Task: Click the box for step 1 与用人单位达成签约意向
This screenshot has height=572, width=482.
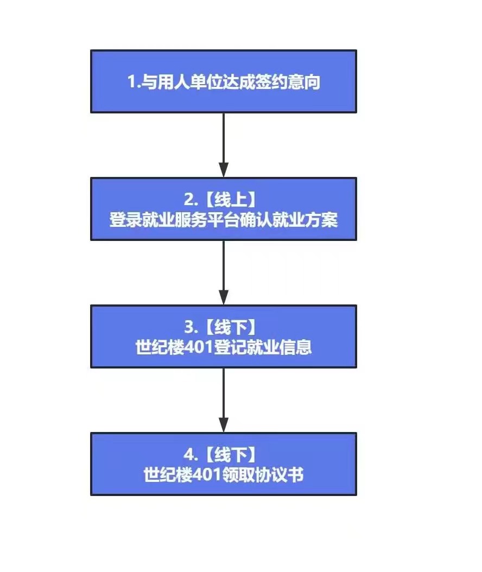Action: [x=223, y=81]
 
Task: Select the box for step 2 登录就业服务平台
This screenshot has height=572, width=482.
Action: [x=223, y=209]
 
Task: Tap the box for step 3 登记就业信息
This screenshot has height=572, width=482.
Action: [x=223, y=336]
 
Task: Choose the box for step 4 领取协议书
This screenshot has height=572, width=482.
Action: [x=223, y=464]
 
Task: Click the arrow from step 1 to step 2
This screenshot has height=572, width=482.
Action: [x=223, y=145]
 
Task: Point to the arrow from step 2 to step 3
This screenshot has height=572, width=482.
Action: [x=223, y=273]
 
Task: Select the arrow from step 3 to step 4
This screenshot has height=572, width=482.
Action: [x=223, y=400]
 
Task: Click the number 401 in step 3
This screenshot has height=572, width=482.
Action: [x=199, y=347]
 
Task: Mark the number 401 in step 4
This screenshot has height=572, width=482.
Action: [x=207, y=475]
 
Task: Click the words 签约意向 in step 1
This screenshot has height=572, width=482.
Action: [x=288, y=82]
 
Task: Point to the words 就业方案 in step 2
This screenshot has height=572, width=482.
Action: [x=305, y=220]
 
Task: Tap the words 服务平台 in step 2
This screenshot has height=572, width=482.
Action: [x=207, y=220]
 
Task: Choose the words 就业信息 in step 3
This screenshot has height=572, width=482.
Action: [x=279, y=347]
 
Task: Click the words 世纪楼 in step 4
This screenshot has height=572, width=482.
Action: [x=168, y=475]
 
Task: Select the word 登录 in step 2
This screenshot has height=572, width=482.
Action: [x=125, y=220]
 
